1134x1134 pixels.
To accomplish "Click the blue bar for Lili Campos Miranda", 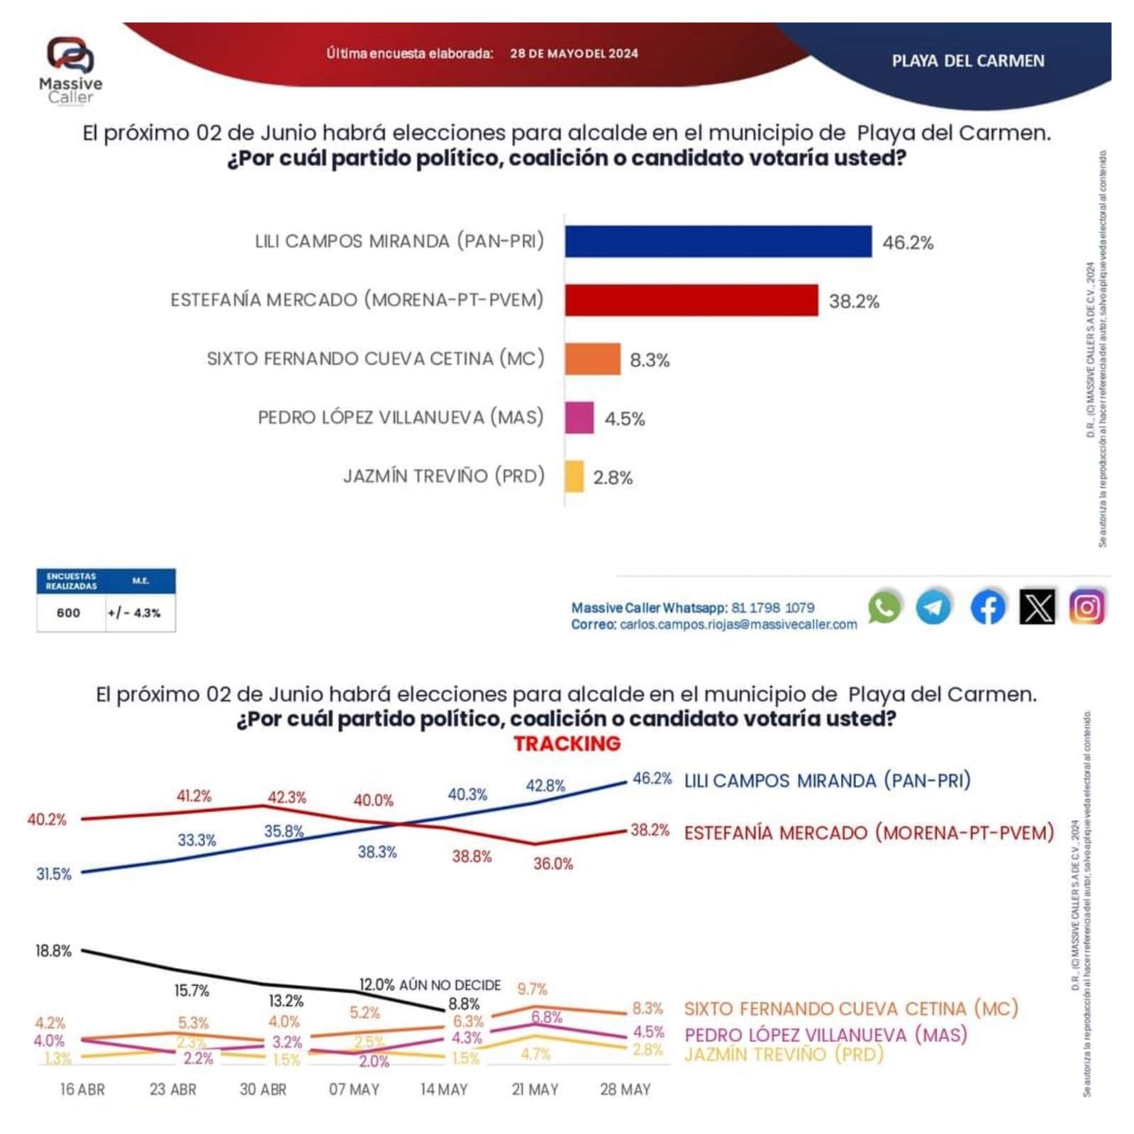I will pyautogui.click(x=718, y=242).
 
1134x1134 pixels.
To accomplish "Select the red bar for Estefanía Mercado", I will pyautogui.click(x=691, y=301).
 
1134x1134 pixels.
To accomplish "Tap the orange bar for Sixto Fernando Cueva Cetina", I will pyautogui.click(x=592, y=359).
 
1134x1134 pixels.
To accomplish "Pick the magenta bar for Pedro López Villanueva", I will pyautogui.click(x=579, y=418).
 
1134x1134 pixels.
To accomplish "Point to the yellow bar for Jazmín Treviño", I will pyautogui.click(x=574, y=476).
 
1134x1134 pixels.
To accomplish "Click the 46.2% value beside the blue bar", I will pyautogui.click(x=907, y=243).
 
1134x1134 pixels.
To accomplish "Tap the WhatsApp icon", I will pyautogui.click(x=884, y=607).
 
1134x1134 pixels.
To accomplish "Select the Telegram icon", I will pyautogui.click(x=933, y=607).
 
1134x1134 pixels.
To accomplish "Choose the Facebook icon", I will pyautogui.click(x=987, y=607).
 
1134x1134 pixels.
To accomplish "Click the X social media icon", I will pyautogui.click(x=1037, y=607).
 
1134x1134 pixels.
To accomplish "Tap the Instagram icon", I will pyautogui.click(x=1086, y=607).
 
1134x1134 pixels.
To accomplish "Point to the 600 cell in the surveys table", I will pyautogui.click(x=69, y=613).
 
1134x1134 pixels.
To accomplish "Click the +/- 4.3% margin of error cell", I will pyautogui.click(x=134, y=613).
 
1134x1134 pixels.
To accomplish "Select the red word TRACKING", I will pyautogui.click(x=567, y=743).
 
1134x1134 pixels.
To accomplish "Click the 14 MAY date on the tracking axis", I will pyautogui.click(x=444, y=1089).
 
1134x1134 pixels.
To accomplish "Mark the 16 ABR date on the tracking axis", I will pyautogui.click(x=82, y=1089).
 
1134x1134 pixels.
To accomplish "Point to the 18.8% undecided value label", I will pyautogui.click(x=53, y=951).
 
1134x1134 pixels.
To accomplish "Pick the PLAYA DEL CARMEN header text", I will pyautogui.click(x=967, y=61).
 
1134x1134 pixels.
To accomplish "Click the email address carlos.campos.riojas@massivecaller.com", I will pyautogui.click(x=738, y=625).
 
